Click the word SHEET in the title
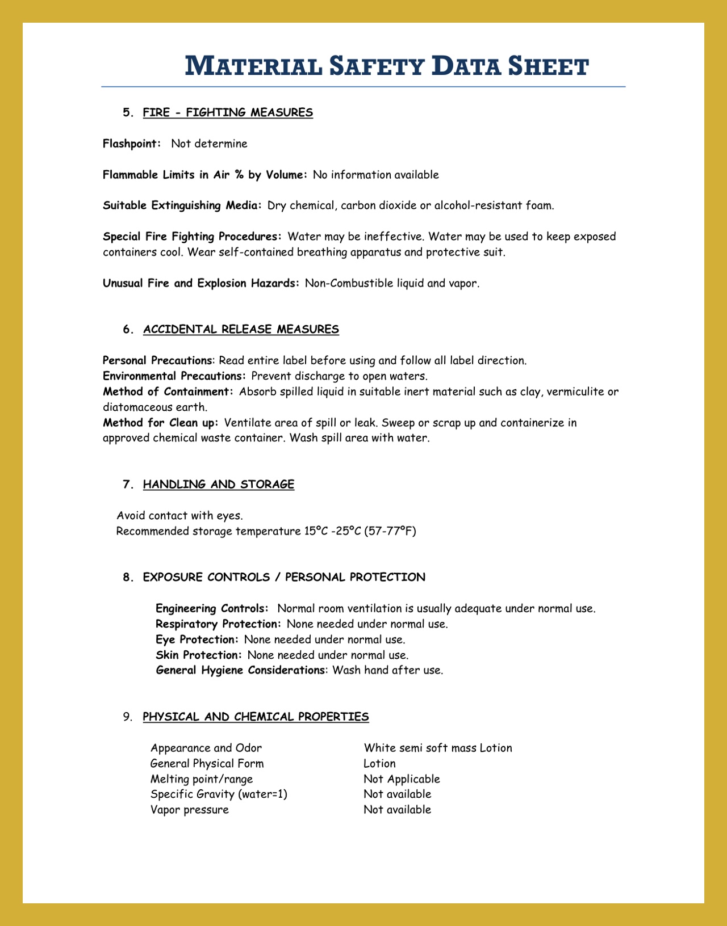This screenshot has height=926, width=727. coord(548,66)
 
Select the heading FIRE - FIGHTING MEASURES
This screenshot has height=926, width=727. coord(228,112)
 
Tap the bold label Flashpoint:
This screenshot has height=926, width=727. coord(132,144)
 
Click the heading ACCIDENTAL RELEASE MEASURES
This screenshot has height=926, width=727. coord(241,329)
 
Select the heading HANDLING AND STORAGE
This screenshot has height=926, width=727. coord(219,484)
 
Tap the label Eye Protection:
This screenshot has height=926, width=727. coord(195,639)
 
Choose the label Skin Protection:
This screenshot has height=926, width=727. coord(199,655)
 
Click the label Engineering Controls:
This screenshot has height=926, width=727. coord(212,608)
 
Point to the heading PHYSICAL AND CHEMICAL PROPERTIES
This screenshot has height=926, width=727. coord(256,717)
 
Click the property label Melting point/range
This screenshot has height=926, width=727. coord(202,779)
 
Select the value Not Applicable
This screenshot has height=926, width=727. coord(402,779)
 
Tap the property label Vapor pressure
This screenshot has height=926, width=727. coord(190,810)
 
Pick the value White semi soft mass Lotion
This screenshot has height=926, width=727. coord(438,748)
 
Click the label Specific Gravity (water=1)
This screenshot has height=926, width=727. coord(219,794)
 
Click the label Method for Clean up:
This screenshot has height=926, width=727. coord(161,423)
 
